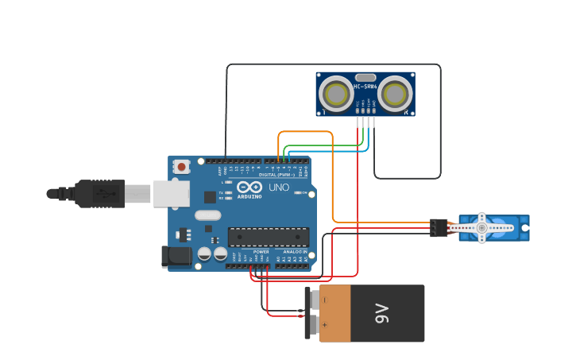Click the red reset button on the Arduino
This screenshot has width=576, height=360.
click(182, 166)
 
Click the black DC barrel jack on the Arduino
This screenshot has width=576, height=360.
click(176, 256)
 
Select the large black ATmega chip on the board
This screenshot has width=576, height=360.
click(269, 236)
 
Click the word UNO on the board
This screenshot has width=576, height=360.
click(279, 188)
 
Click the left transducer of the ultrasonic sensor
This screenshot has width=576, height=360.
click(336, 95)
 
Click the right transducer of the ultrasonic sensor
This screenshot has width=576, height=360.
click(395, 95)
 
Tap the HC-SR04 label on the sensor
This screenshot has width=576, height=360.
click(365, 86)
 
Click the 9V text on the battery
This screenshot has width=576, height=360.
click(382, 313)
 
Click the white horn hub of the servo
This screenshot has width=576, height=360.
click(481, 228)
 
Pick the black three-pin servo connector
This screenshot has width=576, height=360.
click(439, 228)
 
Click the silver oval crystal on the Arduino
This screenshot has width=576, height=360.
click(207, 215)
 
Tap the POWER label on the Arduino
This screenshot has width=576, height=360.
click(261, 251)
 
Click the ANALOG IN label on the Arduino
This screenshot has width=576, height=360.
click(296, 251)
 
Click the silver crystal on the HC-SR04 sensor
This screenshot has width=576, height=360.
click(365, 77)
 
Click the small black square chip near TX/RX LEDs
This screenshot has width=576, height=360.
click(210, 196)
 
